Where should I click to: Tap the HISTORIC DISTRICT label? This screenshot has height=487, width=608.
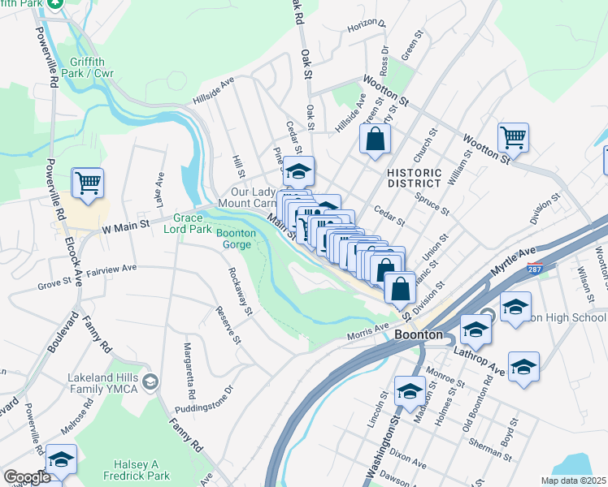415,179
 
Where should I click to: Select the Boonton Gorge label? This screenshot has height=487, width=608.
236,239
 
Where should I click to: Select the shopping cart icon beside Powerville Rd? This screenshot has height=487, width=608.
88,182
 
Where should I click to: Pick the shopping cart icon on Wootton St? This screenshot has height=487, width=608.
513,136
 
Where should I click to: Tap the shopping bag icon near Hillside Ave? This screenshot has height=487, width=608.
375,138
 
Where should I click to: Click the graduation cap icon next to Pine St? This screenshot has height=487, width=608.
298,171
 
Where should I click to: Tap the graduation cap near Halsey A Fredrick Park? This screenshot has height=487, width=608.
62,459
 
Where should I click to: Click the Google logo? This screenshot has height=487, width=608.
27,477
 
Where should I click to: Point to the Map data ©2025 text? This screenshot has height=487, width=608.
572,481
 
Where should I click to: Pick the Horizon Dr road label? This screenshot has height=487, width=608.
366,24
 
